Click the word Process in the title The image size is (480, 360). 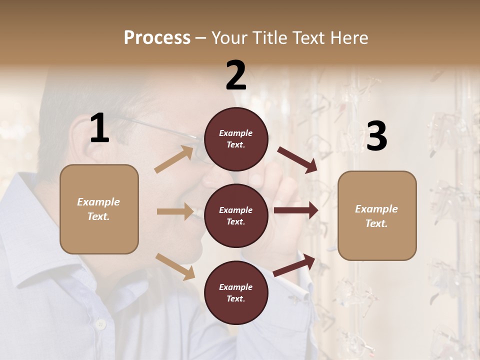coord(157,38)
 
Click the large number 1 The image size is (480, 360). coord(99,128)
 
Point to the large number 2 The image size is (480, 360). coord(236,75)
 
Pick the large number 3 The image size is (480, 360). coord(376,136)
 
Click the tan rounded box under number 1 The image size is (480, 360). coord(99,209)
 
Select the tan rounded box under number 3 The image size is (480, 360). coord(377,216)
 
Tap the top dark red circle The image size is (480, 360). coord(236,139)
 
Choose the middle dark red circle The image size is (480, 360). coord(236,216)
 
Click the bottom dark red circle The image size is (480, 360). coord(236,293)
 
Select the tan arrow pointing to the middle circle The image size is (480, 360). coord(175,211)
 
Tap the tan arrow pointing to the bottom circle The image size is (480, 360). coord(175,266)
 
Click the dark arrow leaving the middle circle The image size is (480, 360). coord(296,210)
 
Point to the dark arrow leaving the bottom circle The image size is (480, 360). coord(294,265)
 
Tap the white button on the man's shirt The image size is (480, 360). coord(100,324)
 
